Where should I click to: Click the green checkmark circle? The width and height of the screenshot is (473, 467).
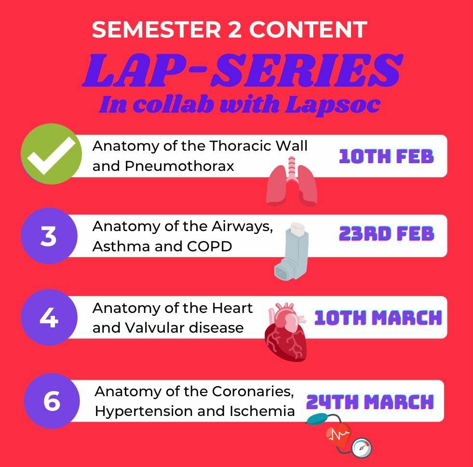click(x=51, y=154)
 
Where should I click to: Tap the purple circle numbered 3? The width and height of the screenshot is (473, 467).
click(x=49, y=235)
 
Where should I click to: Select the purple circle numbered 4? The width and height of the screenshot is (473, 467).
click(x=49, y=317)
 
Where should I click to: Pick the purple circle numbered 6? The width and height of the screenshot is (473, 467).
click(x=52, y=401)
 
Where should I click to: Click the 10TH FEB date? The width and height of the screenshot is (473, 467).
click(x=386, y=156)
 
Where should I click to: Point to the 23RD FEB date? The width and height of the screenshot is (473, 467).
click(x=386, y=234)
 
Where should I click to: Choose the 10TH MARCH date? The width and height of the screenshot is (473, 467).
click(x=378, y=318)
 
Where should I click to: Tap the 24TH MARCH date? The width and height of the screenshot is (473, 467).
click(x=370, y=402)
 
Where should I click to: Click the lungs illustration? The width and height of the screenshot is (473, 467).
click(x=292, y=182)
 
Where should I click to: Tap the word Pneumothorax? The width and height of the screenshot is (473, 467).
click(x=179, y=166)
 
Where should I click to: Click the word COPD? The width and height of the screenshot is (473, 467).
click(x=209, y=246)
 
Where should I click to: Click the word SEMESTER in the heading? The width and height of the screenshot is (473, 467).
click(x=157, y=29)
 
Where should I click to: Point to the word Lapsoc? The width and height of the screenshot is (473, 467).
click(x=333, y=105)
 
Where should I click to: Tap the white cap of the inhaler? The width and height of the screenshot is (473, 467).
click(x=297, y=229)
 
